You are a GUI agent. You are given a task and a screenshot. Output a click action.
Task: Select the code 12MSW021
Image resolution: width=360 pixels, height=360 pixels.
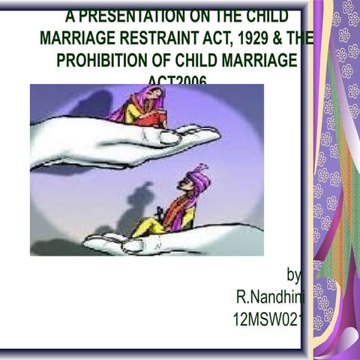[267, 320]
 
